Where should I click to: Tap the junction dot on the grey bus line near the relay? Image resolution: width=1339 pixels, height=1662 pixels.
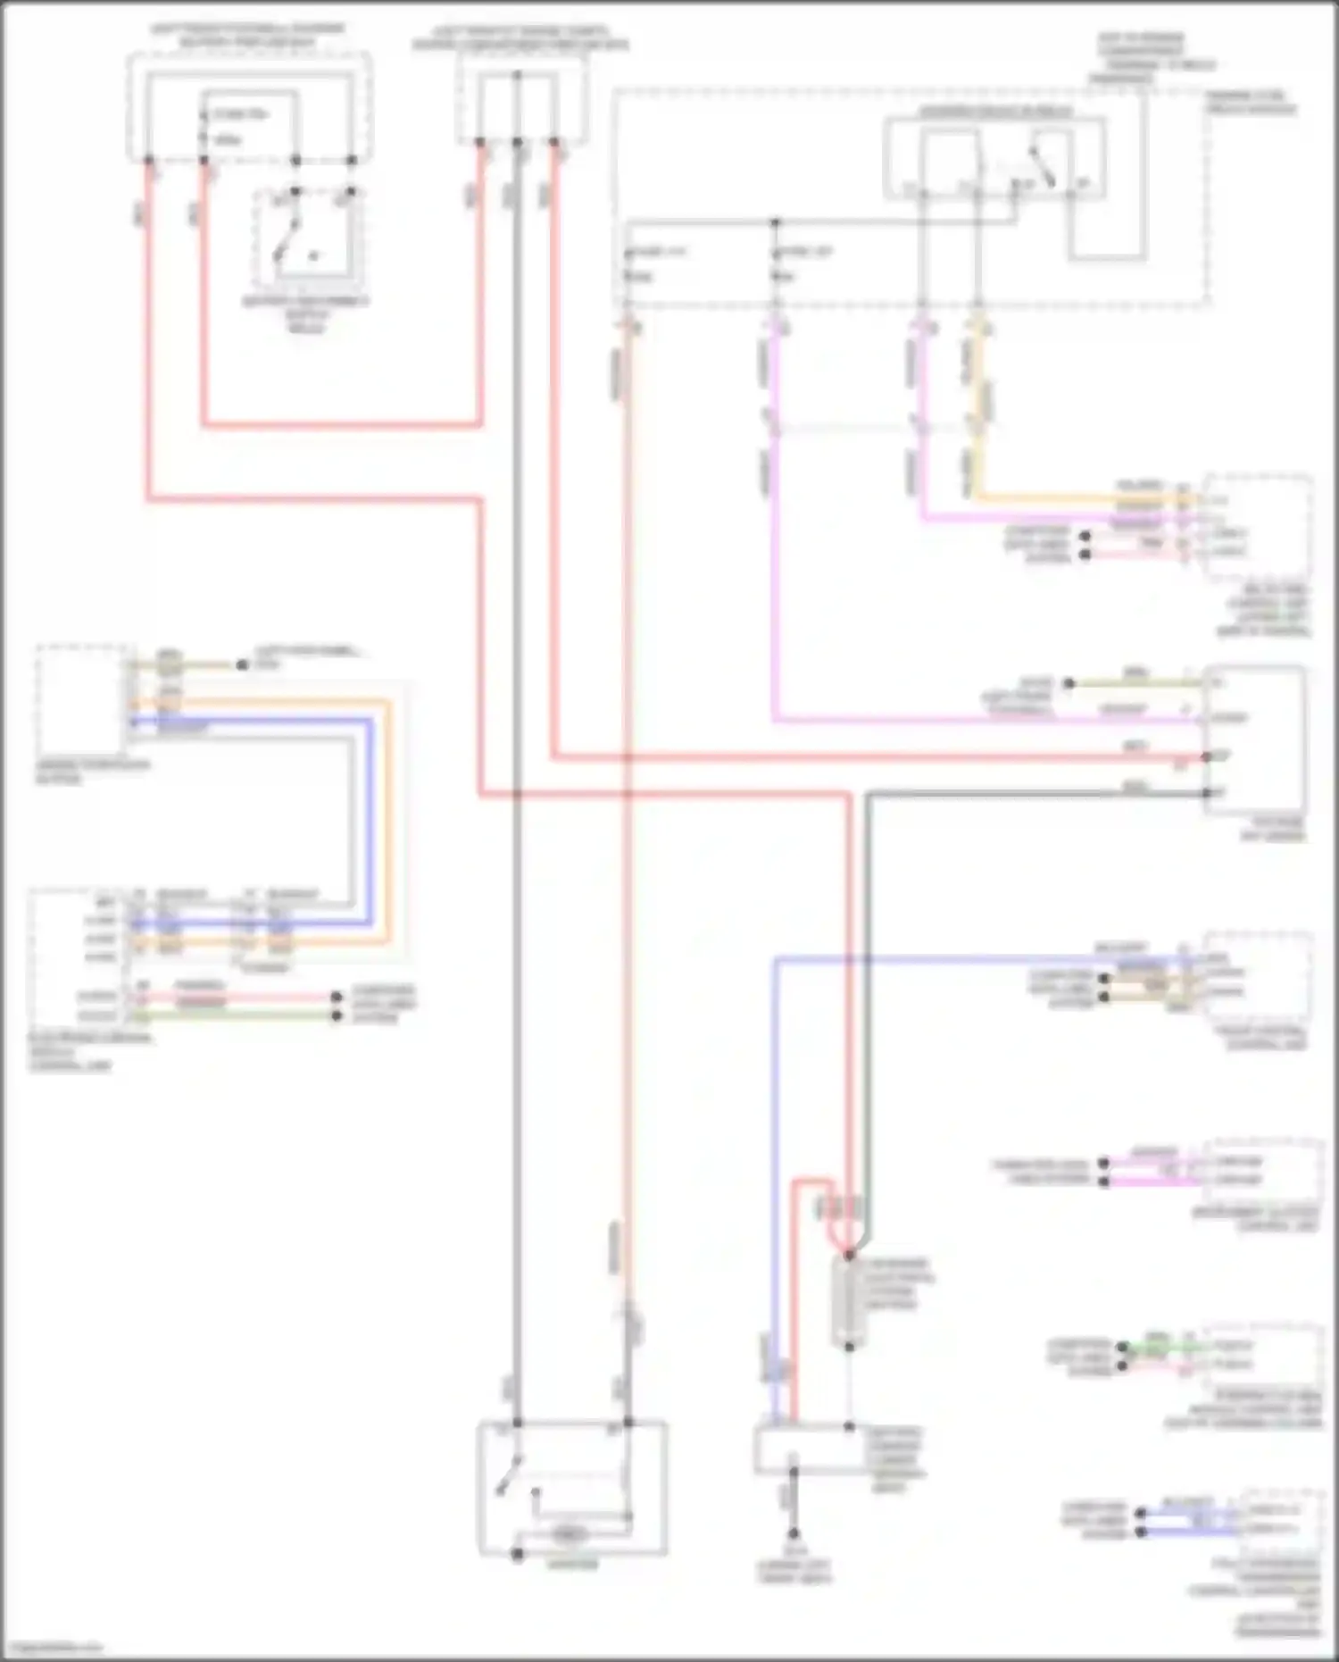[775, 221]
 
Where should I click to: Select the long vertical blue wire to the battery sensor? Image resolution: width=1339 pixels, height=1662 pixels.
[775, 1161]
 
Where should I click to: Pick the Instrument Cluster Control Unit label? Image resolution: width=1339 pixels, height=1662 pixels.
[1260, 1220]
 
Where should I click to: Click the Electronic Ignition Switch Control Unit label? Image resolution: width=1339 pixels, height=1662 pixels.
[89, 1052]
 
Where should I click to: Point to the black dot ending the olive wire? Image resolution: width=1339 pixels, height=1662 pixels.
[242, 664]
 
